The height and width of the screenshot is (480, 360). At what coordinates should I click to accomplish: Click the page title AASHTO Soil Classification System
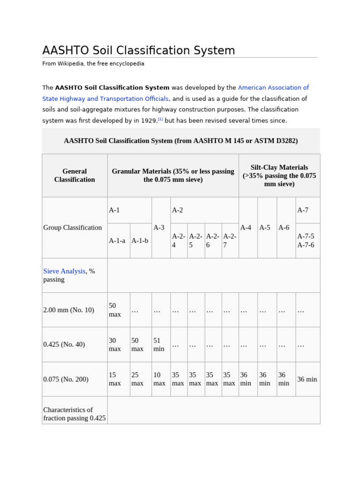point(139,51)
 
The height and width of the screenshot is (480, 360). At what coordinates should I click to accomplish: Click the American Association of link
point(273,88)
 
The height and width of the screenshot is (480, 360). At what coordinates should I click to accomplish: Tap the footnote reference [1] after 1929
point(160,119)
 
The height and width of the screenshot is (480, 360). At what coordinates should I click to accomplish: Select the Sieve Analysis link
point(64,271)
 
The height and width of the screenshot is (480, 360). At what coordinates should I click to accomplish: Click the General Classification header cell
point(75,175)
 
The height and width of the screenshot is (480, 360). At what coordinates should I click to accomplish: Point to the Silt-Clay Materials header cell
point(279,175)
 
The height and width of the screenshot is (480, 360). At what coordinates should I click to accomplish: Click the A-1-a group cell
point(117,240)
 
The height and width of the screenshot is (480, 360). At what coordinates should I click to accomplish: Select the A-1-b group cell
point(140,240)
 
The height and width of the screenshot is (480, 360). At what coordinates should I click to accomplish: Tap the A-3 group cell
point(159,227)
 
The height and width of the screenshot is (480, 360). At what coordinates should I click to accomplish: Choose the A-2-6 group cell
point(213,240)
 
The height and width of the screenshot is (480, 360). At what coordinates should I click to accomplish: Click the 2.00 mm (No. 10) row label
point(69,310)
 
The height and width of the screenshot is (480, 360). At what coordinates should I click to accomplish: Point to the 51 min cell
point(159,345)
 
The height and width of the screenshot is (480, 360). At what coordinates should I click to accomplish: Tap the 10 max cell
point(159,379)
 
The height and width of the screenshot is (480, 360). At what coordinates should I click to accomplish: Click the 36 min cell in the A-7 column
point(307,379)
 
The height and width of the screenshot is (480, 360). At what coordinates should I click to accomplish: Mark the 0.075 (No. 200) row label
point(66,379)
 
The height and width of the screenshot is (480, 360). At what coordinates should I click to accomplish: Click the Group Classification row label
point(73,227)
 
